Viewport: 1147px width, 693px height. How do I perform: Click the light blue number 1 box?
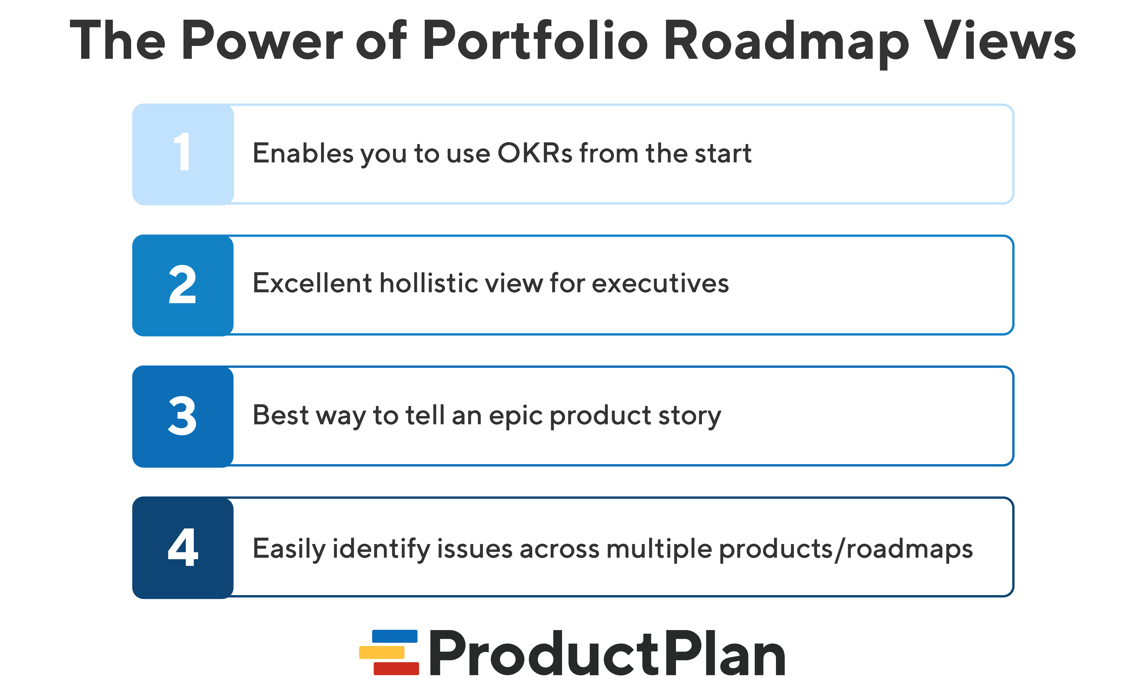(x=183, y=154)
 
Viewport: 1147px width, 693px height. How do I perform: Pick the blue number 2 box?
(x=183, y=285)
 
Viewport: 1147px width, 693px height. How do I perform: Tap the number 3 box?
(x=183, y=416)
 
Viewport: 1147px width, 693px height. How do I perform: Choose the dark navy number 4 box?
(x=183, y=548)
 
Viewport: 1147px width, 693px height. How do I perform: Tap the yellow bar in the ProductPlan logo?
(x=382, y=652)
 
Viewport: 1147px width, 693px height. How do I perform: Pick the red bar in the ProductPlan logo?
(x=396, y=668)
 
